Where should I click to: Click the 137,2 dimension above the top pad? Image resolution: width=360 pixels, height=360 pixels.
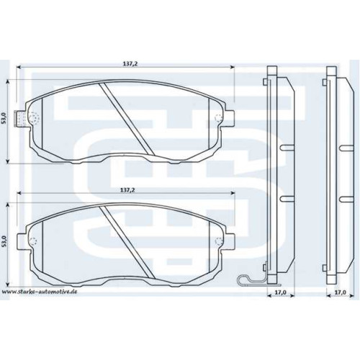click(x=130, y=64)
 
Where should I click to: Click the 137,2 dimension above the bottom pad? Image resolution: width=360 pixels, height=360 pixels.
click(x=127, y=190)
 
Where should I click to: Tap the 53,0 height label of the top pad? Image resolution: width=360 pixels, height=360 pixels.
click(x=3, y=119)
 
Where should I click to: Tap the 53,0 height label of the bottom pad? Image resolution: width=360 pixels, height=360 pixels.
click(x=3, y=241)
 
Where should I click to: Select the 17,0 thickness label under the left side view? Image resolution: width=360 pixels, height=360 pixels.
click(x=281, y=292)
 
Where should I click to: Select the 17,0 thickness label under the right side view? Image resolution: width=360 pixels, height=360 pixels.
click(x=341, y=292)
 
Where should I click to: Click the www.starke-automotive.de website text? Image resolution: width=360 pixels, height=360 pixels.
click(x=40, y=292)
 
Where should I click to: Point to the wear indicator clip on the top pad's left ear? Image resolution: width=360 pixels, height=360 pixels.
click(x=21, y=119)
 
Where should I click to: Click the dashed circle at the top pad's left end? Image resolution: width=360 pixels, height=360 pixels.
click(x=34, y=117)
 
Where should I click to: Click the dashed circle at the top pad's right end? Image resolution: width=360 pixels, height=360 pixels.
click(x=218, y=117)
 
